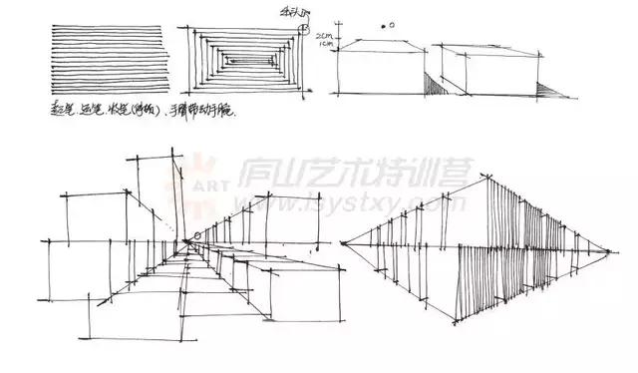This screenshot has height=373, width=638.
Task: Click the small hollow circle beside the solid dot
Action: tap(391, 25)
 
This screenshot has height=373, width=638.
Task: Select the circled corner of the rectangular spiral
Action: tap(302, 27)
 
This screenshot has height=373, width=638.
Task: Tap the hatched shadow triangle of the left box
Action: tap(433, 85)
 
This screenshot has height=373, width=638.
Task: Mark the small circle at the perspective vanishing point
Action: tap(196, 235)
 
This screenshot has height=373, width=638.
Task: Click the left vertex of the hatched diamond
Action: tap(340, 244)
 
